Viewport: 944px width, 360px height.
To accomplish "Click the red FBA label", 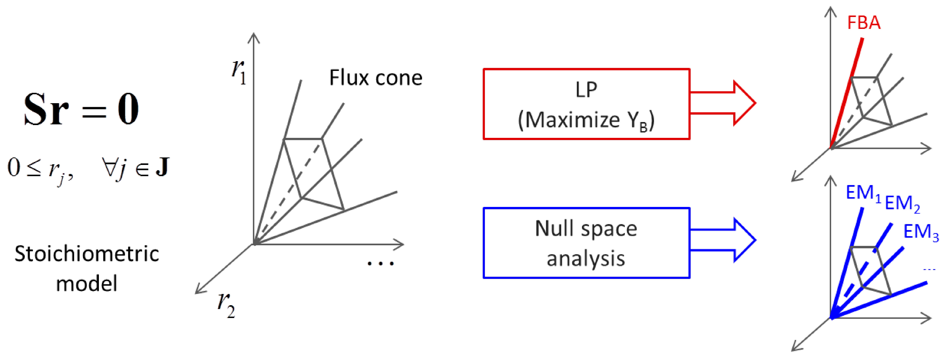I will (x=863, y=23).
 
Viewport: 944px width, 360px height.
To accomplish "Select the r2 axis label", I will (x=226, y=305).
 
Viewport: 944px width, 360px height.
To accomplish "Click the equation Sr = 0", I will (x=81, y=109).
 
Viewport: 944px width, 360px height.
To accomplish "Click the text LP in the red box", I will (x=586, y=89).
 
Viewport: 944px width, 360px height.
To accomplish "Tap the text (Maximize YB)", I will (x=586, y=120).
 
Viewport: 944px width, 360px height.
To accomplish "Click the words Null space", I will (x=586, y=229).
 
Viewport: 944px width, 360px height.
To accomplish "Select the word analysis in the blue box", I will (x=586, y=258).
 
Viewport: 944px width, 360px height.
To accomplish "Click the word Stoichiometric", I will (x=87, y=254).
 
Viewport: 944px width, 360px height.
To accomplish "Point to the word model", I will (x=86, y=283).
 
